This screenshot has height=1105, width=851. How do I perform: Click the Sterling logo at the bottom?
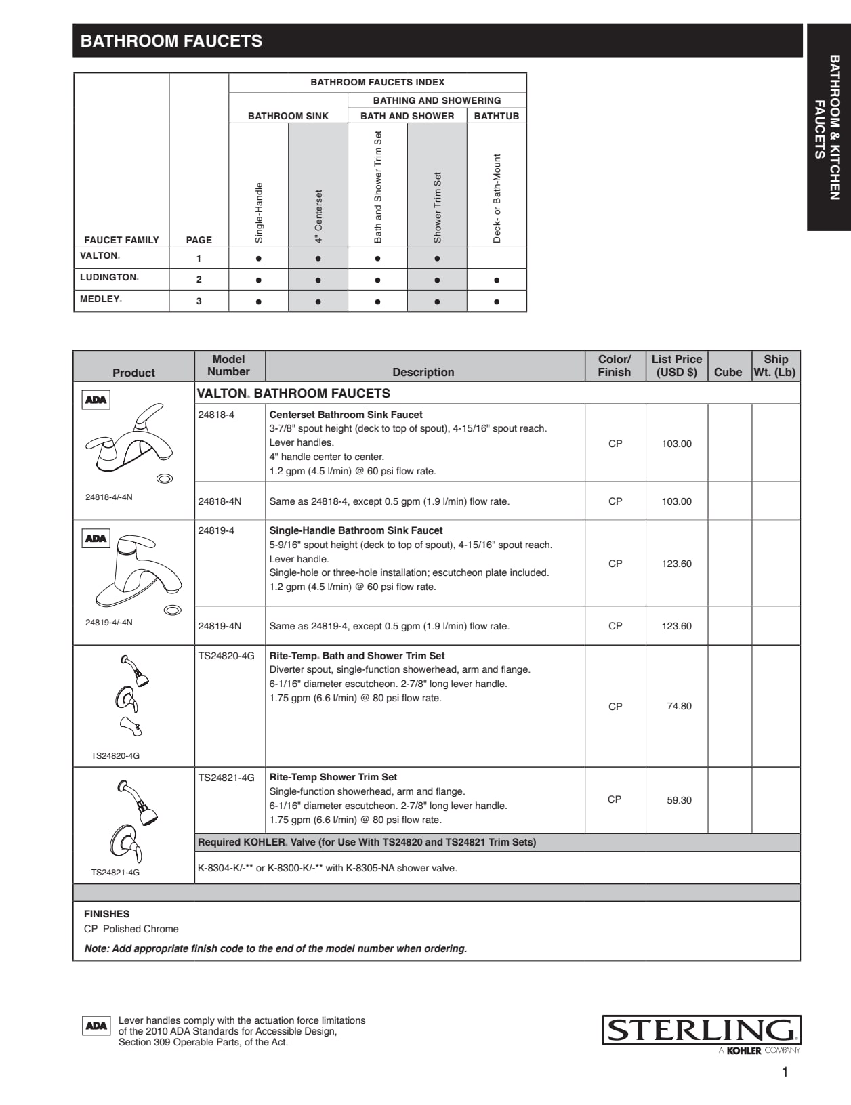(701, 1030)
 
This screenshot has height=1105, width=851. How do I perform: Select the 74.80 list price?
(679, 706)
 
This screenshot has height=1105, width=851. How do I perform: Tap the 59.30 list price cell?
(679, 800)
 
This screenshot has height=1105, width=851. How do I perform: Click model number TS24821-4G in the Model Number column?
(226, 778)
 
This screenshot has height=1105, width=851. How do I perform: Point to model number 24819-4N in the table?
(220, 626)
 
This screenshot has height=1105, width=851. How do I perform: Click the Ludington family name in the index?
(108, 278)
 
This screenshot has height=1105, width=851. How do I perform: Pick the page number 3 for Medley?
(199, 301)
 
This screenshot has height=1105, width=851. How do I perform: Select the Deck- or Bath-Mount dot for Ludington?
(497, 280)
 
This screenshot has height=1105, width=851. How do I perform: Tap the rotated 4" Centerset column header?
(318, 216)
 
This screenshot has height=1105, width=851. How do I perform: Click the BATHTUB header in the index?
(496, 116)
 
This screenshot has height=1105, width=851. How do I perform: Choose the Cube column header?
(728, 372)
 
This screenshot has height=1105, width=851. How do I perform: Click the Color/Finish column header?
(615, 366)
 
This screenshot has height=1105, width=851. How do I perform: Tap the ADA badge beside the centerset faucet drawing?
(96, 400)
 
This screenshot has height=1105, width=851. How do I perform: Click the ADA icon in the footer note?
(96, 1026)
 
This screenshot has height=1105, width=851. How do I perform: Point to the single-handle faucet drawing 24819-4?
(139, 569)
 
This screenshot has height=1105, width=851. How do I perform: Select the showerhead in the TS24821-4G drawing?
(146, 812)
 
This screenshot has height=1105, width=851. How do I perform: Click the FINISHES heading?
(106, 914)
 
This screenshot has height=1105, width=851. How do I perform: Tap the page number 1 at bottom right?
(785, 1072)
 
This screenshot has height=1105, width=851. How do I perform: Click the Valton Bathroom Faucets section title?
(293, 394)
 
